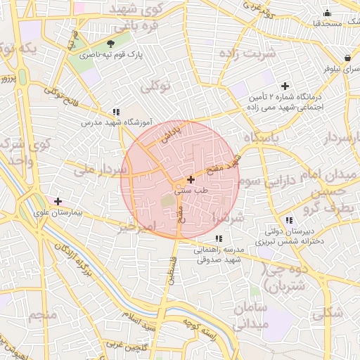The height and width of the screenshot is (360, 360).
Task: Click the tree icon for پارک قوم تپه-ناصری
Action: point(109,44)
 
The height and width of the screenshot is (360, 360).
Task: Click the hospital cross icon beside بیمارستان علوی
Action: point(58,201)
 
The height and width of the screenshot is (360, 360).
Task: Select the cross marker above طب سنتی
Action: point(191,180)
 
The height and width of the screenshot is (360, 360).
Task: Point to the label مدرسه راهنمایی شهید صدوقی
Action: point(218,255)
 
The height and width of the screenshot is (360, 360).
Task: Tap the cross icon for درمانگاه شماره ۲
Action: point(285,86)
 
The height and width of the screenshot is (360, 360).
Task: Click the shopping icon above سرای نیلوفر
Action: point(347,58)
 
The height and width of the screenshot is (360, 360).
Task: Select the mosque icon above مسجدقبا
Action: point(327,13)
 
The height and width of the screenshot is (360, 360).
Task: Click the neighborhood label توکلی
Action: point(156,87)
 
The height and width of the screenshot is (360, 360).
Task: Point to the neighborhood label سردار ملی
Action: point(94,170)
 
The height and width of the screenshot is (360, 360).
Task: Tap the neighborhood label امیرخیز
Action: point(136,227)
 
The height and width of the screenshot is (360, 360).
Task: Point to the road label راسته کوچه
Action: point(198,331)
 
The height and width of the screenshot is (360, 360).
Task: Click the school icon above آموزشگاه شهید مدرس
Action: point(116,111)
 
